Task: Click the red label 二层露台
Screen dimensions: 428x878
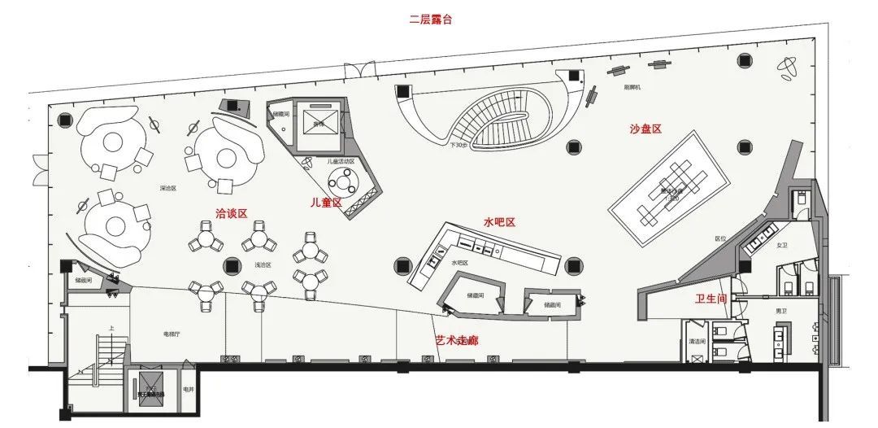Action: pyautogui.click(x=430, y=20)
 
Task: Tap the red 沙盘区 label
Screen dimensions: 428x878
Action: pyautogui.click(x=645, y=129)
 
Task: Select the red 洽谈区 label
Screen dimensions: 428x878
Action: pyautogui.click(x=230, y=213)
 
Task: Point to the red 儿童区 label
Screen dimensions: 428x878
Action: pyautogui.click(x=326, y=202)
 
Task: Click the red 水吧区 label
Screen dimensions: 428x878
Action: pyautogui.click(x=500, y=221)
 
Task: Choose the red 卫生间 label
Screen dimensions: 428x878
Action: pyautogui.click(x=711, y=299)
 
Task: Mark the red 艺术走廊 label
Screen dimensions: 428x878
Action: pyautogui.click(x=456, y=340)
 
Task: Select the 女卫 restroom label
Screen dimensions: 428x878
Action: pyautogui.click(x=782, y=245)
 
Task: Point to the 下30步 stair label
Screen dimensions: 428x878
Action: pyautogui.click(x=459, y=146)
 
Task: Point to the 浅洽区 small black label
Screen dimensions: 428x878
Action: pyautogui.click(x=263, y=264)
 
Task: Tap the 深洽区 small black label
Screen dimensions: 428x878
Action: pyautogui.click(x=168, y=188)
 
